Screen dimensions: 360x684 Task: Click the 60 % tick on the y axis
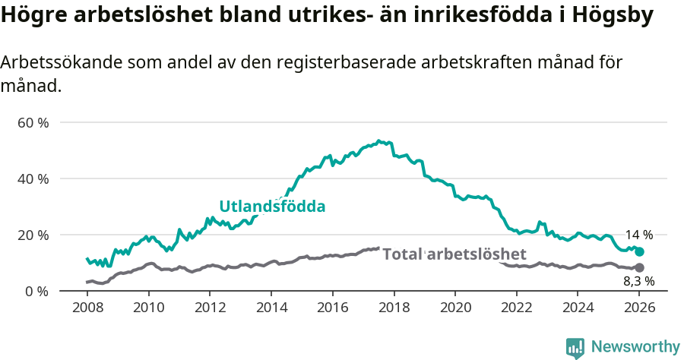33,122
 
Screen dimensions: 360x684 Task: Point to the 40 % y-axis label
33,178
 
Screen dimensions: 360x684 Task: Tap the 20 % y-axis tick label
33,235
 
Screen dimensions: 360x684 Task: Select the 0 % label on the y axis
36,291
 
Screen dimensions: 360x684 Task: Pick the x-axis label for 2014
271,309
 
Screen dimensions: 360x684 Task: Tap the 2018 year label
394,309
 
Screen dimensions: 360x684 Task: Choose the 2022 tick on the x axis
517,309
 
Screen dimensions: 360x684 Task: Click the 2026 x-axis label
639,309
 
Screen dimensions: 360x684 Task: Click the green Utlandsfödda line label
272,207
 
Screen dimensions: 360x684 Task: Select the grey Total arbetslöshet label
454,254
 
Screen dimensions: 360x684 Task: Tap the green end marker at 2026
639,251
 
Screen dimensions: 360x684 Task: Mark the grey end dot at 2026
639,267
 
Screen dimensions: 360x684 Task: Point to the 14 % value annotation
639,235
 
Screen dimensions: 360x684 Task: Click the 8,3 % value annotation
639,281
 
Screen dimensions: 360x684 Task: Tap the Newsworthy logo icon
575,347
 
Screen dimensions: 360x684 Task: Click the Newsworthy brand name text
635,347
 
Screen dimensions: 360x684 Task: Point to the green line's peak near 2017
378,141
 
